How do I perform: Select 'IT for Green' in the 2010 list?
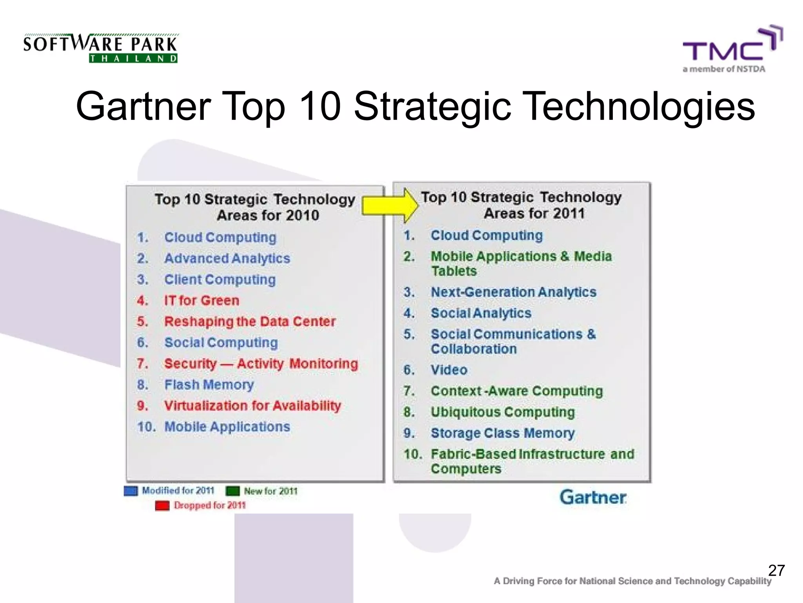[x=202, y=301]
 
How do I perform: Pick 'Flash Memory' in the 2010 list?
[x=209, y=385]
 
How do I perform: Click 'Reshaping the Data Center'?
[x=250, y=322]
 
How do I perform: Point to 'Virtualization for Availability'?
[x=253, y=406]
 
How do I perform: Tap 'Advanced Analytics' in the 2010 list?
[x=227, y=258]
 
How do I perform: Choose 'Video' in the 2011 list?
[x=449, y=370]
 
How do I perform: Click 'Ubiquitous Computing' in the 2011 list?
[x=503, y=412]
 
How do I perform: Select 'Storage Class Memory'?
[x=503, y=433]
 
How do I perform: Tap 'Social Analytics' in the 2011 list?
[x=481, y=313]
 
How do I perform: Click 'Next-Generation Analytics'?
[x=513, y=292]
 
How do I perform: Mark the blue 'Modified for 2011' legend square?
[x=131, y=491]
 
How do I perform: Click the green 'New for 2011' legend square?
[x=233, y=491]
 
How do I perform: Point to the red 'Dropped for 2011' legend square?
[x=162, y=506]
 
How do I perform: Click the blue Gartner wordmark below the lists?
[x=593, y=497]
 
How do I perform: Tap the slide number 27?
[x=776, y=570]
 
